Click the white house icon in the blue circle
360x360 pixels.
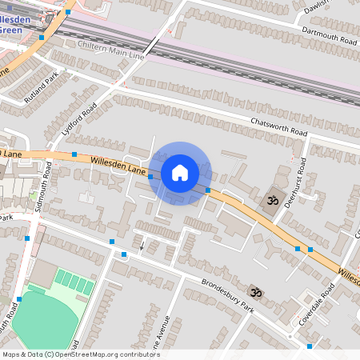pyautogui.click(x=180, y=172)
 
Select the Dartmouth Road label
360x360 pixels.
pyautogui.click(x=327, y=34)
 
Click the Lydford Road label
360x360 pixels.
pyautogui.click(x=79, y=118)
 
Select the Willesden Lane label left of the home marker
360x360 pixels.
pyautogui.click(x=118, y=165)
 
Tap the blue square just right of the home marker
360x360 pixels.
pyautogui.click(x=208, y=190)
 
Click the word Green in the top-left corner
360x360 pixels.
pyautogui.click(x=10, y=30)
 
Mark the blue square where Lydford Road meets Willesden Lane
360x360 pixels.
pyautogui.click(x=74, y=154)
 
